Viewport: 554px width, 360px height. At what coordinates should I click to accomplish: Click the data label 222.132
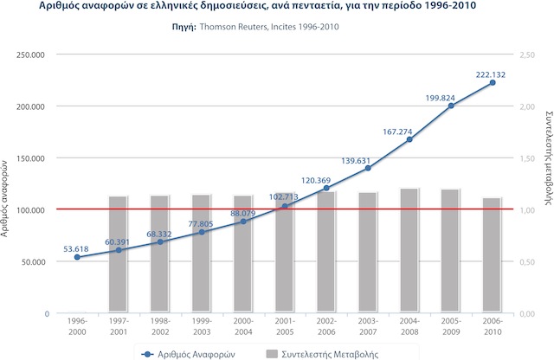tap(491, 74)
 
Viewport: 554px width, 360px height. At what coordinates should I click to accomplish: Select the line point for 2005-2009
tap(451, 106)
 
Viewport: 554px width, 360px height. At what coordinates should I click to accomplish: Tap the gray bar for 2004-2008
tap(409, 250)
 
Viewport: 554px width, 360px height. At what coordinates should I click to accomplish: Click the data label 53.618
tap(76, 249)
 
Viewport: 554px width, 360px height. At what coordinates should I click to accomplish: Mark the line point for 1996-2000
tap(77, 257)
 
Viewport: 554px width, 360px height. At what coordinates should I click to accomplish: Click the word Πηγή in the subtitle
tap(184, 27)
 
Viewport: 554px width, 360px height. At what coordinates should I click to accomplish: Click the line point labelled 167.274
tap(409, 139)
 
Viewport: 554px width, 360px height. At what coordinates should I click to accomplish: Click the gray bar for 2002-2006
tap(326, 252)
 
